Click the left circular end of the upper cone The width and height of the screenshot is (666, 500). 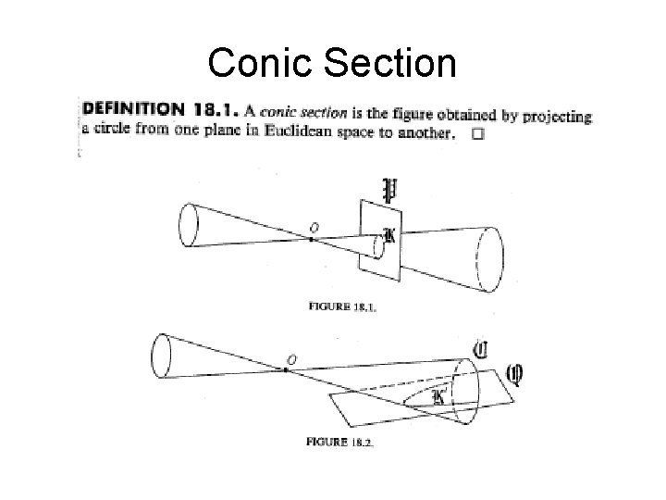click(x=188, y=226)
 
